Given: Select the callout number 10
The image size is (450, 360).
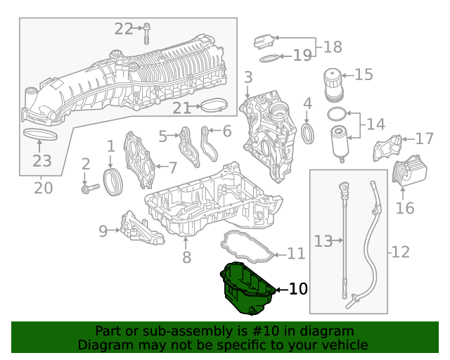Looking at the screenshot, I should (298, 288).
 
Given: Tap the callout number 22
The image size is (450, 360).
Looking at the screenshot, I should (124, 29).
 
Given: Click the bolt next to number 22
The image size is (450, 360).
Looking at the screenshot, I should (148, 32).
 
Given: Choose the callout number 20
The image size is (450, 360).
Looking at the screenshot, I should (44, 188).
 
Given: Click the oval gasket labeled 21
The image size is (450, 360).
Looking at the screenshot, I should (214, 107).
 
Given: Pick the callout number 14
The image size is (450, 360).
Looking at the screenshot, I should (375, 124).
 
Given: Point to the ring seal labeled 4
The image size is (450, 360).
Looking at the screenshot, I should (308, 133).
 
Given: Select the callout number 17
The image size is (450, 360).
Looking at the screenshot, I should (425, 139).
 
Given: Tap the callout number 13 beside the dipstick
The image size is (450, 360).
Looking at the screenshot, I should (322, 241).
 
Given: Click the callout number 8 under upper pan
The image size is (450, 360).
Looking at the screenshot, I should (186, 257).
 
